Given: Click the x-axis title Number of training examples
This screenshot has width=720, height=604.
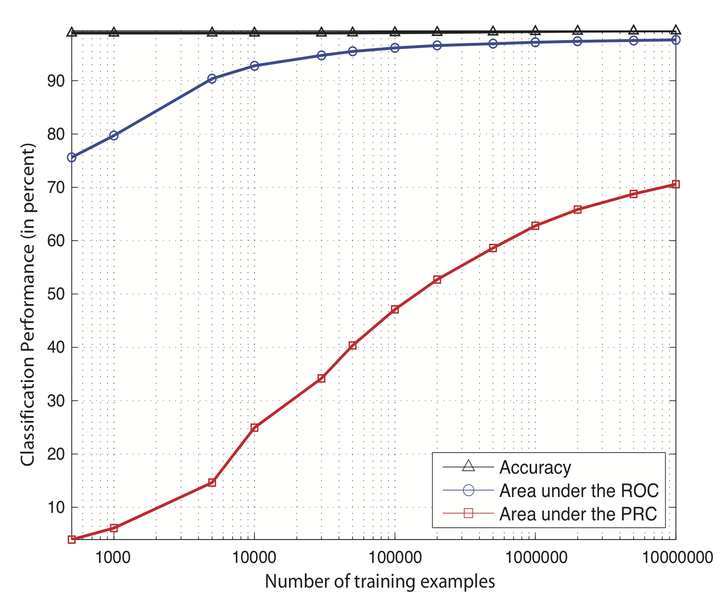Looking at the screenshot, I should click(376, 580).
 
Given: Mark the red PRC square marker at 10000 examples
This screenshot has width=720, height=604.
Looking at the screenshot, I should click(254, 428).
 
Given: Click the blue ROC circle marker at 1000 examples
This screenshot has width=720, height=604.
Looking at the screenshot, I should click(114, 135).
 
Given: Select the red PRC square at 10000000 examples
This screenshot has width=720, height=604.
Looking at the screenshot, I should click(676, 184).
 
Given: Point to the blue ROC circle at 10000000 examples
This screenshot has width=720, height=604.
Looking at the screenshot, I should click(676, 39).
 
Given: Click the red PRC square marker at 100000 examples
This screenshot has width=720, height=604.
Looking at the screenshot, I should click(395, 310).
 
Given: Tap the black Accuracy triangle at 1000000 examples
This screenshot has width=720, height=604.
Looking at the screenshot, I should click(536, 32).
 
